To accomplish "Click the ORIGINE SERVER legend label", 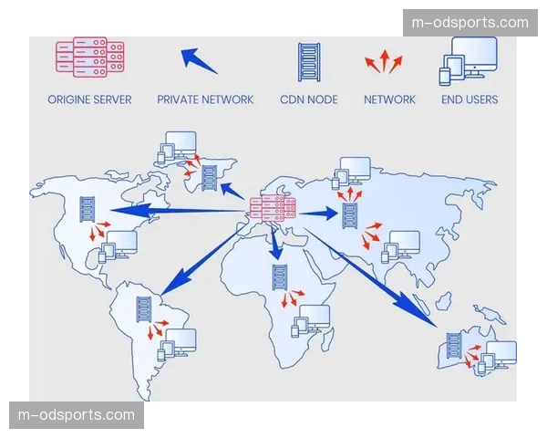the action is [89, 99].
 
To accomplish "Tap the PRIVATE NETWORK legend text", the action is [205, 99].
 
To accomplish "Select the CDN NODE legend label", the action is [309, 99].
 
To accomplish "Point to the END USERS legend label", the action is [470, 99].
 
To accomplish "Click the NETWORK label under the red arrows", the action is [389, 99].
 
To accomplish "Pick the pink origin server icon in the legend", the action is [90, 57].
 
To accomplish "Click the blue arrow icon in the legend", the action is [198, 60].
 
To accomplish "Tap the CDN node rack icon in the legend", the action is [309, 63].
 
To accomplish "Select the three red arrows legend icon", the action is [384, 61].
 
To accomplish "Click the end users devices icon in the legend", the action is [469, 61].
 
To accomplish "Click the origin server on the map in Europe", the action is [273, 209].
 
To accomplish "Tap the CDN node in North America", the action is [88, 209].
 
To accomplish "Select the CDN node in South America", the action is [144, 309].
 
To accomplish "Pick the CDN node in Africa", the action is [280, 277].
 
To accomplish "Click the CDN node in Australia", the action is [454, 346].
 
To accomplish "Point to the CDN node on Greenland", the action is [210, 178].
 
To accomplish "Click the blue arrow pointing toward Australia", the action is [370, 277].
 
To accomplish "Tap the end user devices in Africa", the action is [311, 321].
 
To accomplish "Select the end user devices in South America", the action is [177, 344].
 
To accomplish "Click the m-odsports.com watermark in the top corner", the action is [470, 23].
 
